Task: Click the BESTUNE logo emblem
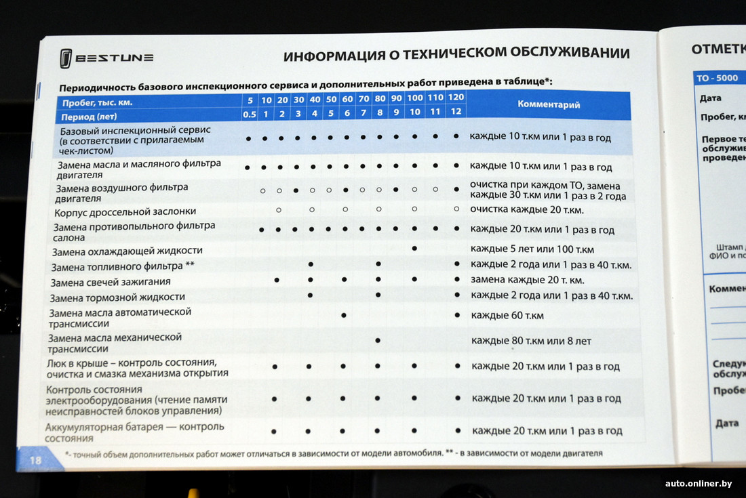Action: click(x=65, y=59)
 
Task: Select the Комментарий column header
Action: click(x=549, y=104)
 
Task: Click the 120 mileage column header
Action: click(x=456, y=98)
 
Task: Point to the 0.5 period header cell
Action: click(x=249, y=114)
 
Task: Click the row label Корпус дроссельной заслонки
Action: click(x=125, y=211)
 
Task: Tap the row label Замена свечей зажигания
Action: click(x=109, y=281)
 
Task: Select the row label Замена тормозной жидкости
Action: click(x=117, y=297)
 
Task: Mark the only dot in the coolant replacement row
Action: click(x=414, y=249)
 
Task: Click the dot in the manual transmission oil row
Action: click(x=378, y=339)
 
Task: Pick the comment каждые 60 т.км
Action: click(x=507, y=316)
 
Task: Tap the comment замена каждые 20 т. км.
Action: click(x=527, y=280)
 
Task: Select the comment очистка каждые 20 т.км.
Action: click(x=527, y=210)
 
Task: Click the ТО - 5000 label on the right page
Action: click(x=717, y=78)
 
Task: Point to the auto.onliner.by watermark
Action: click(x=698, y=483)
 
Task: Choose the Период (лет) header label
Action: click(x=87, y=116)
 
